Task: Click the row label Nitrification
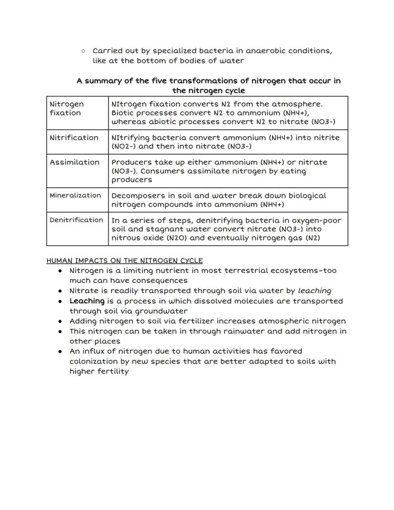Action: [74, 138]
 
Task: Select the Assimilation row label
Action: [75, 162]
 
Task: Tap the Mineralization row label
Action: [75, 195]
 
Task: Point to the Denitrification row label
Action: [76, 220]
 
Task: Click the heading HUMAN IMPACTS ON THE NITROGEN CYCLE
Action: [125, 260]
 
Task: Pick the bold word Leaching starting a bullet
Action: [87, 301]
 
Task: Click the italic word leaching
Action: [314, 290]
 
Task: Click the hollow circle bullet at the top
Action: [83, 50]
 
